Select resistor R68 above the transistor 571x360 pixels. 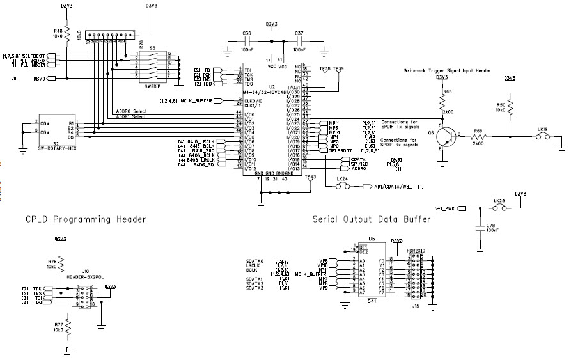(x=442, y=101)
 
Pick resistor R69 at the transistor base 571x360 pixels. (x=478, y=136)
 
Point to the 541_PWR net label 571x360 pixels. (x=446, y=208)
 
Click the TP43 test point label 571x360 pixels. (x=310, y=177)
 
